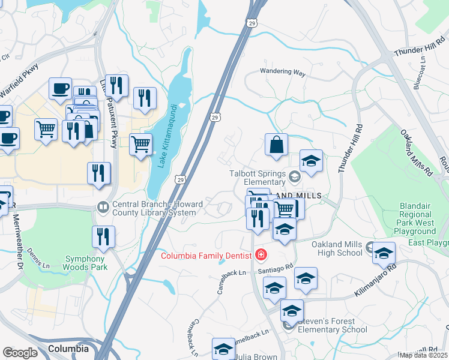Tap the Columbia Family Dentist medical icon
pyautogui.click(x=261, y=255)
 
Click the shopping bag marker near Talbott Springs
pyautogui.click(x=276, y=145)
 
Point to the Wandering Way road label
pyautogui.click(x=283, y=71)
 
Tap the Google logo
pyautogui.click(x=20, y=352)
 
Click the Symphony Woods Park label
pyautogui.click(x=86, y=263)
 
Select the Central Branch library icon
pyautogui.click(x=102, y=208)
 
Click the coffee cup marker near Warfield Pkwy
pyautogui.click(x=60, y=88)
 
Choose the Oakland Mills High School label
pyautogui.click(x=337, y=248)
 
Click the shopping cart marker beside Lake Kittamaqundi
pyautogui.click(x=141, y=143)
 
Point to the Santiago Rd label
pyautogui.click(x=277, y=269)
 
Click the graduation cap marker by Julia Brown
pyautogui.click(x=223, y=349)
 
